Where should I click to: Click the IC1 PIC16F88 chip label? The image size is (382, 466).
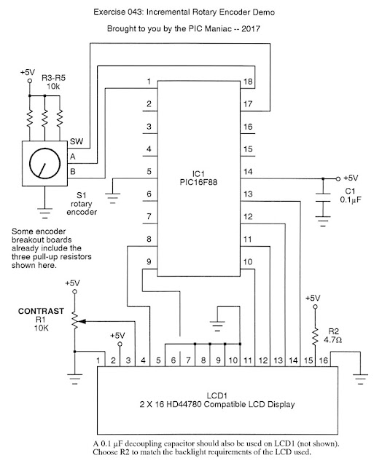coord(198,178)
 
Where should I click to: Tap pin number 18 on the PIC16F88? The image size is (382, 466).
coord(248,82)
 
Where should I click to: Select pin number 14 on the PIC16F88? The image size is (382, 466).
coord(248,172)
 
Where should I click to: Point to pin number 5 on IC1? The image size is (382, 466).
coord(149,172)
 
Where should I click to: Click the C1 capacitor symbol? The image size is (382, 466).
coord(323,197)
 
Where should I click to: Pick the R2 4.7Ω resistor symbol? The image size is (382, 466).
coord(316,336)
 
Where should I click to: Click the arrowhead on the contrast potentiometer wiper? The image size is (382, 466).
coord(83,321)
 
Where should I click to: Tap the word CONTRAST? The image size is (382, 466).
coord(41,311)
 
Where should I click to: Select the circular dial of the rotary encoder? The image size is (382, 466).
coord(45,164)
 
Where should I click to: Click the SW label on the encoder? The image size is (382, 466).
coord(77,141)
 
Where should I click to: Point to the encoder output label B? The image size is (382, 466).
coord(73,172)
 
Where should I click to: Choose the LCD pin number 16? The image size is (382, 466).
coord(324,360)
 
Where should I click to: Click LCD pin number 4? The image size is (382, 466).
coord(143,360)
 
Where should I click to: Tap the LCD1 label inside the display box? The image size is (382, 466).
coord(217,396)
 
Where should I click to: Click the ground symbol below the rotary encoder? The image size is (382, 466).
coord(45,213)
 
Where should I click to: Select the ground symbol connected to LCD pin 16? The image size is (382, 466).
coord(361,379)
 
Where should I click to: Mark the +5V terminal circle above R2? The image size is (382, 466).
coord(316,307)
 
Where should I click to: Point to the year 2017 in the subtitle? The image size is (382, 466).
coord(251,29)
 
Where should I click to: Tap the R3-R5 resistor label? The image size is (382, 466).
coord(53,78)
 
